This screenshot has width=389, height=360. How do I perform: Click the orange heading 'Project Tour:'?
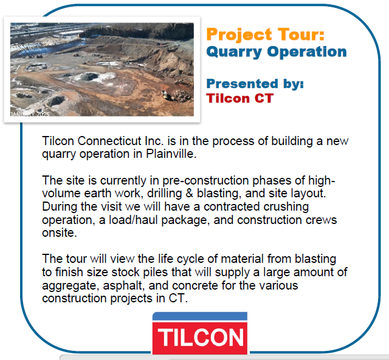pos(266,35)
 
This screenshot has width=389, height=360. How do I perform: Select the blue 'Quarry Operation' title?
pos(277,52)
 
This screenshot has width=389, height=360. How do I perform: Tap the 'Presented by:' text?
pos(255,84)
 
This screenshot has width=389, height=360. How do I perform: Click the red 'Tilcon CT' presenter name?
pos(240,98)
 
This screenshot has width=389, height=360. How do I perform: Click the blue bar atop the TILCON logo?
pos(200,317)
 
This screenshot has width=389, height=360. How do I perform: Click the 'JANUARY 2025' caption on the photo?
pos(30,114)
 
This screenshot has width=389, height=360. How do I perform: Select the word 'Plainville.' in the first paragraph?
pos(171,154)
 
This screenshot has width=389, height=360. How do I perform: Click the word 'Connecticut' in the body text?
pos(109,141)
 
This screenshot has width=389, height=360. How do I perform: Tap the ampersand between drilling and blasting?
pos(189,193)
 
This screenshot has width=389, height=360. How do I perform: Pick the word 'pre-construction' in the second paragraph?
pos(205,180)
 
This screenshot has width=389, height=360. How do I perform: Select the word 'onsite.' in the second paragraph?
pos(60,233)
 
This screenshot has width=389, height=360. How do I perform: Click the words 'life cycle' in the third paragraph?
pos(181,259)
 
